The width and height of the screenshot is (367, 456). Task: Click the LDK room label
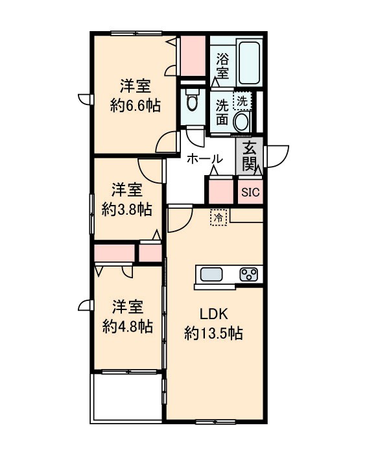point(213,315)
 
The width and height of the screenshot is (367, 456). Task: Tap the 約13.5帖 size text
point(213,334)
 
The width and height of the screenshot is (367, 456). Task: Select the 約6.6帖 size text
point(135,106)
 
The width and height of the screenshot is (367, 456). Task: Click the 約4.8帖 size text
point(126,326)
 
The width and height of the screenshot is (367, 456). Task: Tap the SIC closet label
point(250,192)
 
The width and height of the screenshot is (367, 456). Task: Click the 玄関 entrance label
point(250,158)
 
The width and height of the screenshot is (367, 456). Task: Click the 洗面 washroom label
point(222,111)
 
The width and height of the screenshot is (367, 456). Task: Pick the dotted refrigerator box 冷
point(219,217)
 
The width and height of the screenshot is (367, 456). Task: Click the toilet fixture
point(192,102)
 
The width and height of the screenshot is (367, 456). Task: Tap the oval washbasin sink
point(242,121)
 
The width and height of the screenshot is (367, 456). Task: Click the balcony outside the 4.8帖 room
point(126,396)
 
